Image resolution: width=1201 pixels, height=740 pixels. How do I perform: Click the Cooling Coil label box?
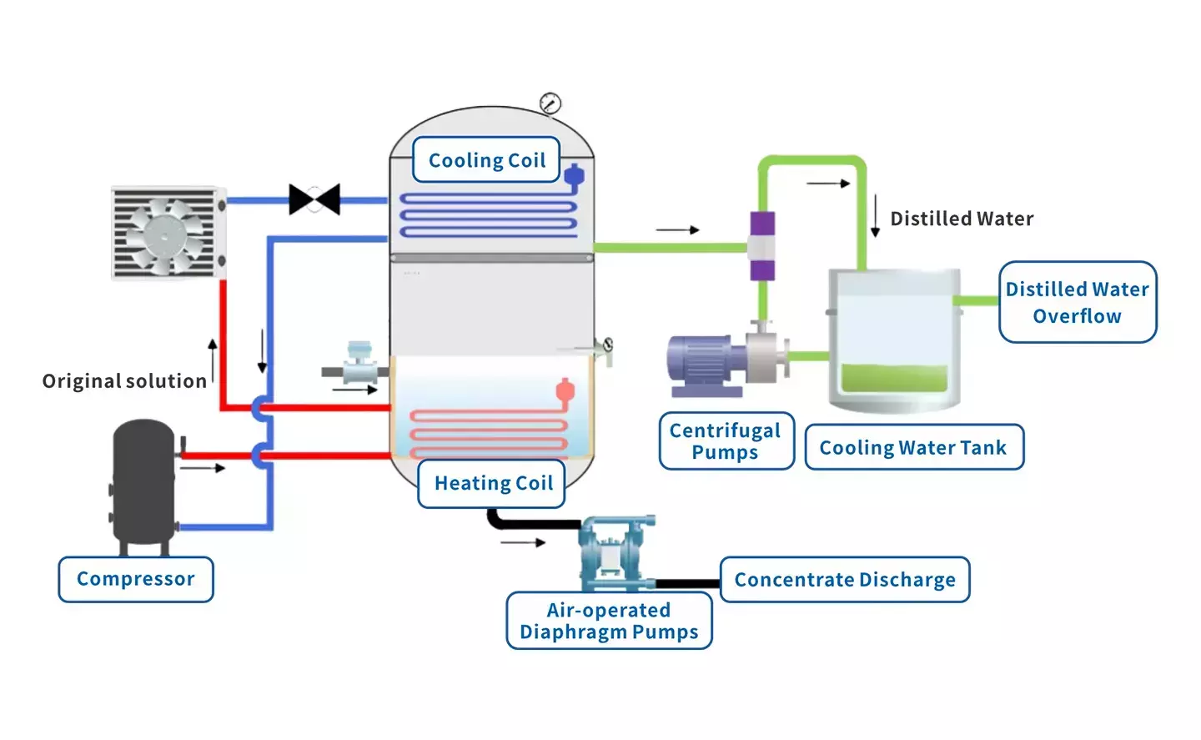click(x=486, y=160)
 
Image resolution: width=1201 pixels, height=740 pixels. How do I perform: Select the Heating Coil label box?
click(x=492, y=483)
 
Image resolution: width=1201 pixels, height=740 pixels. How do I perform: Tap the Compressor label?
click(x=136, y=579)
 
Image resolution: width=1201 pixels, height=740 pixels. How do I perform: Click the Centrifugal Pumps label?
click(x=726, y=441)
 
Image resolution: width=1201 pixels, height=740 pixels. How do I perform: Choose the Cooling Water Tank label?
click(x=913, y=447)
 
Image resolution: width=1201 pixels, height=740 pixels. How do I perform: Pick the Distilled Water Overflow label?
click(x=1077, y=302)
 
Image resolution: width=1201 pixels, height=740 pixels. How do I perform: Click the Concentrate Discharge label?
click(x=845, y=580)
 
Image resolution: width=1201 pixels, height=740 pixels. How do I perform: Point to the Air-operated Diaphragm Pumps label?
click(x=609, y=621)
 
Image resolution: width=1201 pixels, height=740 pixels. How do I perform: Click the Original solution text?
click(x=124, y=381)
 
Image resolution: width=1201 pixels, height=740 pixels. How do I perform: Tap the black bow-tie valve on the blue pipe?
click(x=314, y=199)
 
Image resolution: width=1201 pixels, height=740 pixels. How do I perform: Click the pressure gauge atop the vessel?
click(x=550, y=103)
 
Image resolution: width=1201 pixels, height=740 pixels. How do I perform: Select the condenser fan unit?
click(x=168, y=233)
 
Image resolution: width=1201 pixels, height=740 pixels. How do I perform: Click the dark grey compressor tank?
click(x=144, y=484)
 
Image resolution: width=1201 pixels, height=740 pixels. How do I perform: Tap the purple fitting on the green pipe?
click(x=761, y=246)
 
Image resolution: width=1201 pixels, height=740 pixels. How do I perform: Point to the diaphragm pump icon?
click(x=617, y=551)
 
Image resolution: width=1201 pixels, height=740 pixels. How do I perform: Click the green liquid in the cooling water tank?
click(x=894, y=378)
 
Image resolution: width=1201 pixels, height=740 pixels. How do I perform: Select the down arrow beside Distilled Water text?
click(x=875, y=216)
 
